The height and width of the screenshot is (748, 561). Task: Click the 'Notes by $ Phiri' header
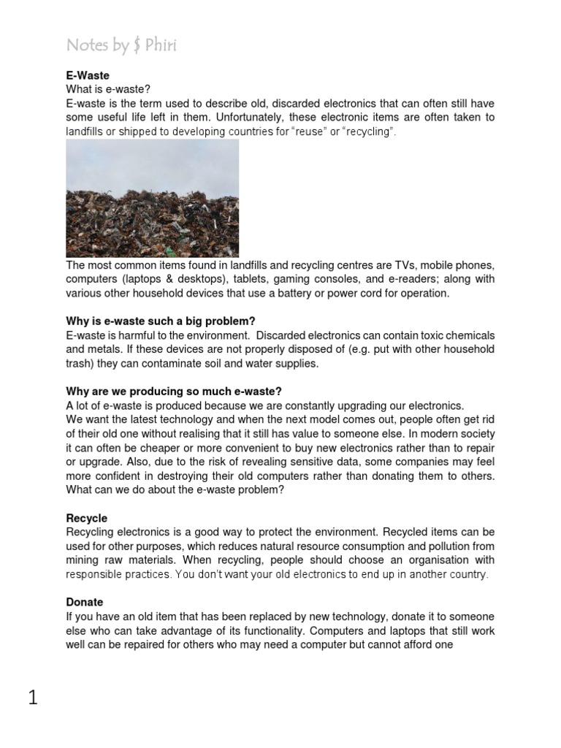click(x=121, y=45)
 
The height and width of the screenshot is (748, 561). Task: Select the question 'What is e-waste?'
click(x=107, y=89)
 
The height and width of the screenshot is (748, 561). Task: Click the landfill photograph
click(x=152, y=198)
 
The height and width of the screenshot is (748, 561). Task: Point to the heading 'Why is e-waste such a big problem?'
click(x=161, y=321)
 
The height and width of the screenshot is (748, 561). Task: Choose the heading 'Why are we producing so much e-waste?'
click(x=174, y=392)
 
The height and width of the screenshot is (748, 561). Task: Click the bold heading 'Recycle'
click(x=86, y=518)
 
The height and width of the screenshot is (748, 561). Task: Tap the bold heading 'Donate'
click(x=85, y=602)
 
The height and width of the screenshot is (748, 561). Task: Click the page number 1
click(x=33, y=698)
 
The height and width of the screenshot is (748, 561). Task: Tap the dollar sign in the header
click(x=137, y=46)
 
